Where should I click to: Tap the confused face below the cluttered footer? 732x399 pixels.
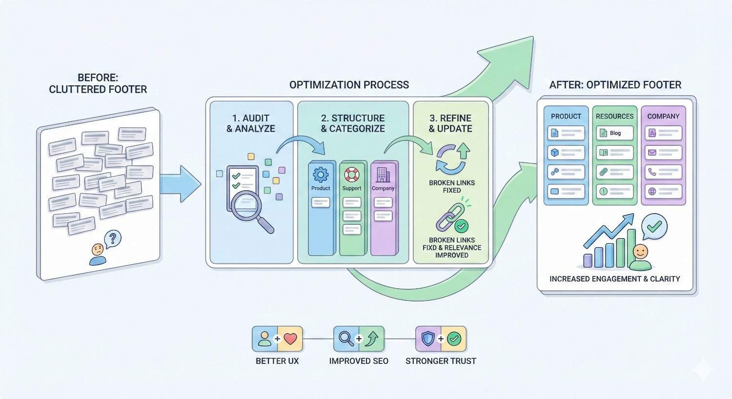(x=98, y=250)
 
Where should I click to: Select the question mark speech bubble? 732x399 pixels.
(x=113, y=239)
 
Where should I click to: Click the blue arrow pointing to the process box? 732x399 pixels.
(x=180, y=184)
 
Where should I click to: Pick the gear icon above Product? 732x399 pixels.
(x=321, y=174)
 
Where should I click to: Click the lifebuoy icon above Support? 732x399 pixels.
(x=351, y=174)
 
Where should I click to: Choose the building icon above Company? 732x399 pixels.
(x=383, y=174)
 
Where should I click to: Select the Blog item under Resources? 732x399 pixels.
(x=614, y=133)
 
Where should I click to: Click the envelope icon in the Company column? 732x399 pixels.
(x=652, y=153)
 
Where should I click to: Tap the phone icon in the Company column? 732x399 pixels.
(x=652, y=172)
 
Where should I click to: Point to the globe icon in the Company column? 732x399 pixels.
(x=652, y=191)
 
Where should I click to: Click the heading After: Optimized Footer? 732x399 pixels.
(x=615, y=85)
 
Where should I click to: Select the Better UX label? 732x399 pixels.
(x=277, y=361)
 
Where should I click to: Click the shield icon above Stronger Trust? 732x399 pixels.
(x=428, y=339)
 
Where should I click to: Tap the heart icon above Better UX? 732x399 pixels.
(x=290, y=339)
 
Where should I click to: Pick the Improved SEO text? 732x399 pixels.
(x=359, y=361)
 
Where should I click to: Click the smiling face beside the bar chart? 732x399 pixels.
(x=640, y=253)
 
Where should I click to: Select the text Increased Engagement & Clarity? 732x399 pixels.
(x=614, y=279)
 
